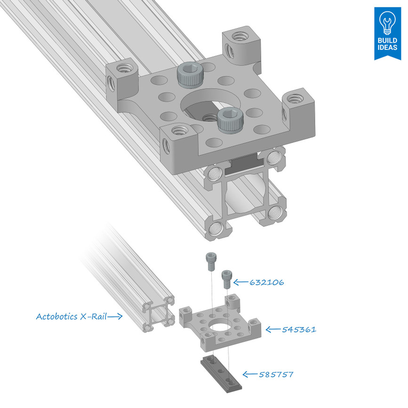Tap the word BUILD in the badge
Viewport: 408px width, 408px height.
387,41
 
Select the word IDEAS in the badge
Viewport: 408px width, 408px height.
387,48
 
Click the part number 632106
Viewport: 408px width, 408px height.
267,282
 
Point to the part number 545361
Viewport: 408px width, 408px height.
299,329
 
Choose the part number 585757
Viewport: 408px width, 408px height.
276,375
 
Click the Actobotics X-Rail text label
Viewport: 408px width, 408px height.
71,316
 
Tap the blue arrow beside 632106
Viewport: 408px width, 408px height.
241,282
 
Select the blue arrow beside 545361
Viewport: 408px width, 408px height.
273,329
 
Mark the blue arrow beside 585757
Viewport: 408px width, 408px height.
250,375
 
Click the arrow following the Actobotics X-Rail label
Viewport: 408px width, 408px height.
115,317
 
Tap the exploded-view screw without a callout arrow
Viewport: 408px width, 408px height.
210,261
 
